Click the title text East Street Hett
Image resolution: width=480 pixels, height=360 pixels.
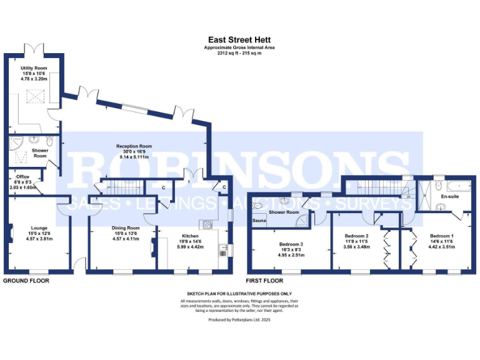[x=239, y=39]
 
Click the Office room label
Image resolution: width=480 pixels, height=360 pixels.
[x=22, y=177]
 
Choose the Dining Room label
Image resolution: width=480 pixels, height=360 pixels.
[x=125, y=229]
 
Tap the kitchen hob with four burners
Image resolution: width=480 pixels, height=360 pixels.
[x=207, y=224]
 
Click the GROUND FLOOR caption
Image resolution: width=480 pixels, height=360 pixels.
[x=26, y=281]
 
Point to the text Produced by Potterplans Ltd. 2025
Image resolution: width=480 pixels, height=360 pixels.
[x=239, y=319]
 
